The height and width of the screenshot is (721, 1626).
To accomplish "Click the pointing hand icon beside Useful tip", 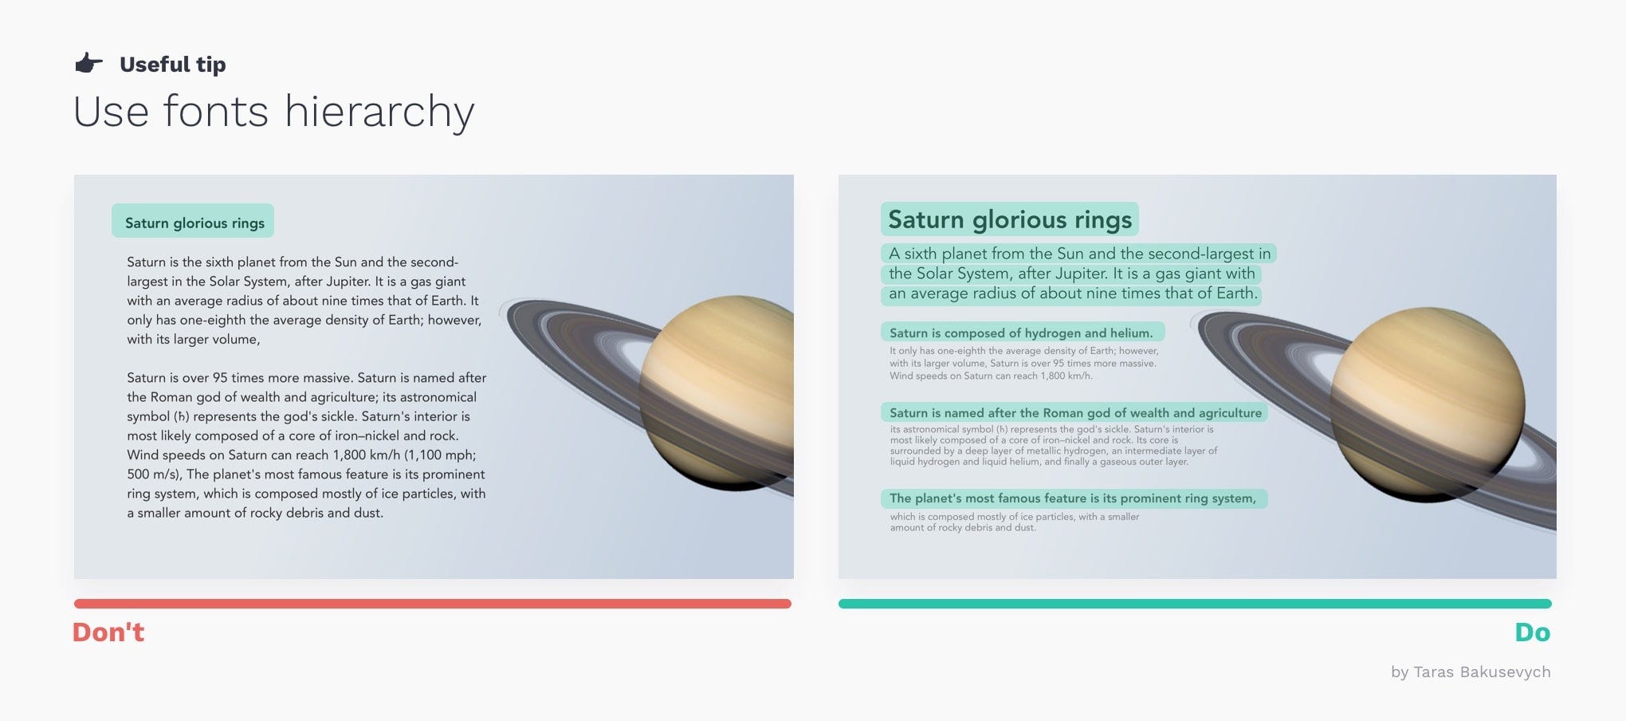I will [x=88, y=63].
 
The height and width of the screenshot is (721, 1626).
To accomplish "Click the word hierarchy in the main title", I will [x=379, y=112].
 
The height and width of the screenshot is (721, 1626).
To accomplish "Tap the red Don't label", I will [x=108, y=632].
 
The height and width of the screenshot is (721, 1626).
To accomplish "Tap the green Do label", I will [x=1532, y=632].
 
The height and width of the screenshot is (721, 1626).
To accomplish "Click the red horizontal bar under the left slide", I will [x=432, y=604].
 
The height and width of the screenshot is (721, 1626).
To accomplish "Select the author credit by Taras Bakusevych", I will [x=1471, y=672].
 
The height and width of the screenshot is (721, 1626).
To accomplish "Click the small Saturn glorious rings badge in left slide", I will [x=194, y=223].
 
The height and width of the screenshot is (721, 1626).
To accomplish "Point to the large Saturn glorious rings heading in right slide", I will [x=1009, y=219].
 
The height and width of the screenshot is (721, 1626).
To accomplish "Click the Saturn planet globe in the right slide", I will [x=1427, y=403].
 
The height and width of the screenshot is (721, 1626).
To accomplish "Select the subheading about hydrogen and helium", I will [x=1021, y=333].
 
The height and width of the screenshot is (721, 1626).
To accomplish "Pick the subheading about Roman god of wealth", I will [x=1074, y=412].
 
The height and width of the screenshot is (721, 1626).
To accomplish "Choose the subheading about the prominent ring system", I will [x=1072, y=498].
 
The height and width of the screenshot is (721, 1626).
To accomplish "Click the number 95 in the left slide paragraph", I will [x=220, y=377].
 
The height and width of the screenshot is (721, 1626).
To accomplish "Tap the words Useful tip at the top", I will [x=172, y=64].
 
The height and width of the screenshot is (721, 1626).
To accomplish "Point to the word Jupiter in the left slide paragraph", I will [x=348, y=281].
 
